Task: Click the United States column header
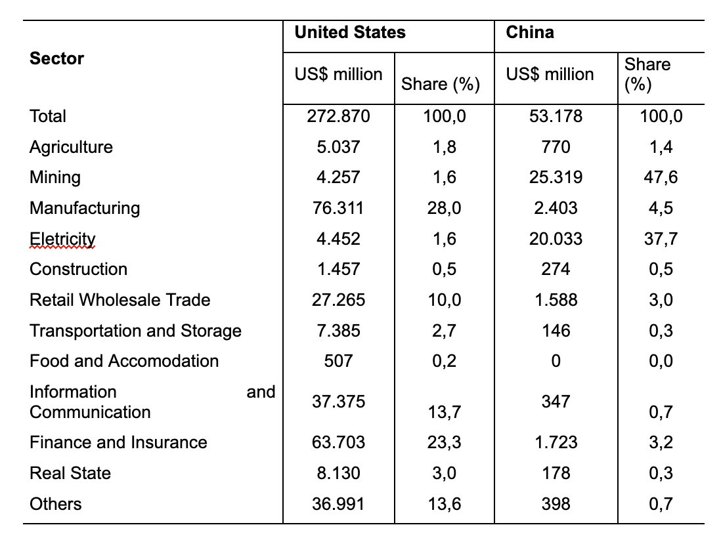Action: (350, 32)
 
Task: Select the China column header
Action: (529, 32)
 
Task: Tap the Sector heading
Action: (57, 58)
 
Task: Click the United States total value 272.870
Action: (338, 116)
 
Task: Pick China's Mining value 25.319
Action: (556, 177)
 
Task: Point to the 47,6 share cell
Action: (661, 177)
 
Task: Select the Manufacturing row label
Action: (85, 208)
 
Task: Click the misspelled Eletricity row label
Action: (62, 239)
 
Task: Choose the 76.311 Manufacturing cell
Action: (338, 208)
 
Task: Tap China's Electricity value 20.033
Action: (556, 239)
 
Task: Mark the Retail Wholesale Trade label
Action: (120, 300)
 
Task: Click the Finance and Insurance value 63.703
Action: (338, 442)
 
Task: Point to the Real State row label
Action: (70, 473)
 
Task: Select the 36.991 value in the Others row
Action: (338, 504)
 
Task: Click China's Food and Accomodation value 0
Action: (556, 361)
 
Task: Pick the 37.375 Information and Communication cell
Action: (338, 402)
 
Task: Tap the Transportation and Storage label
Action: (135, 331)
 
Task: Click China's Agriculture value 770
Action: (556, 147)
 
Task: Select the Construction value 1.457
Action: (338, 269)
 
